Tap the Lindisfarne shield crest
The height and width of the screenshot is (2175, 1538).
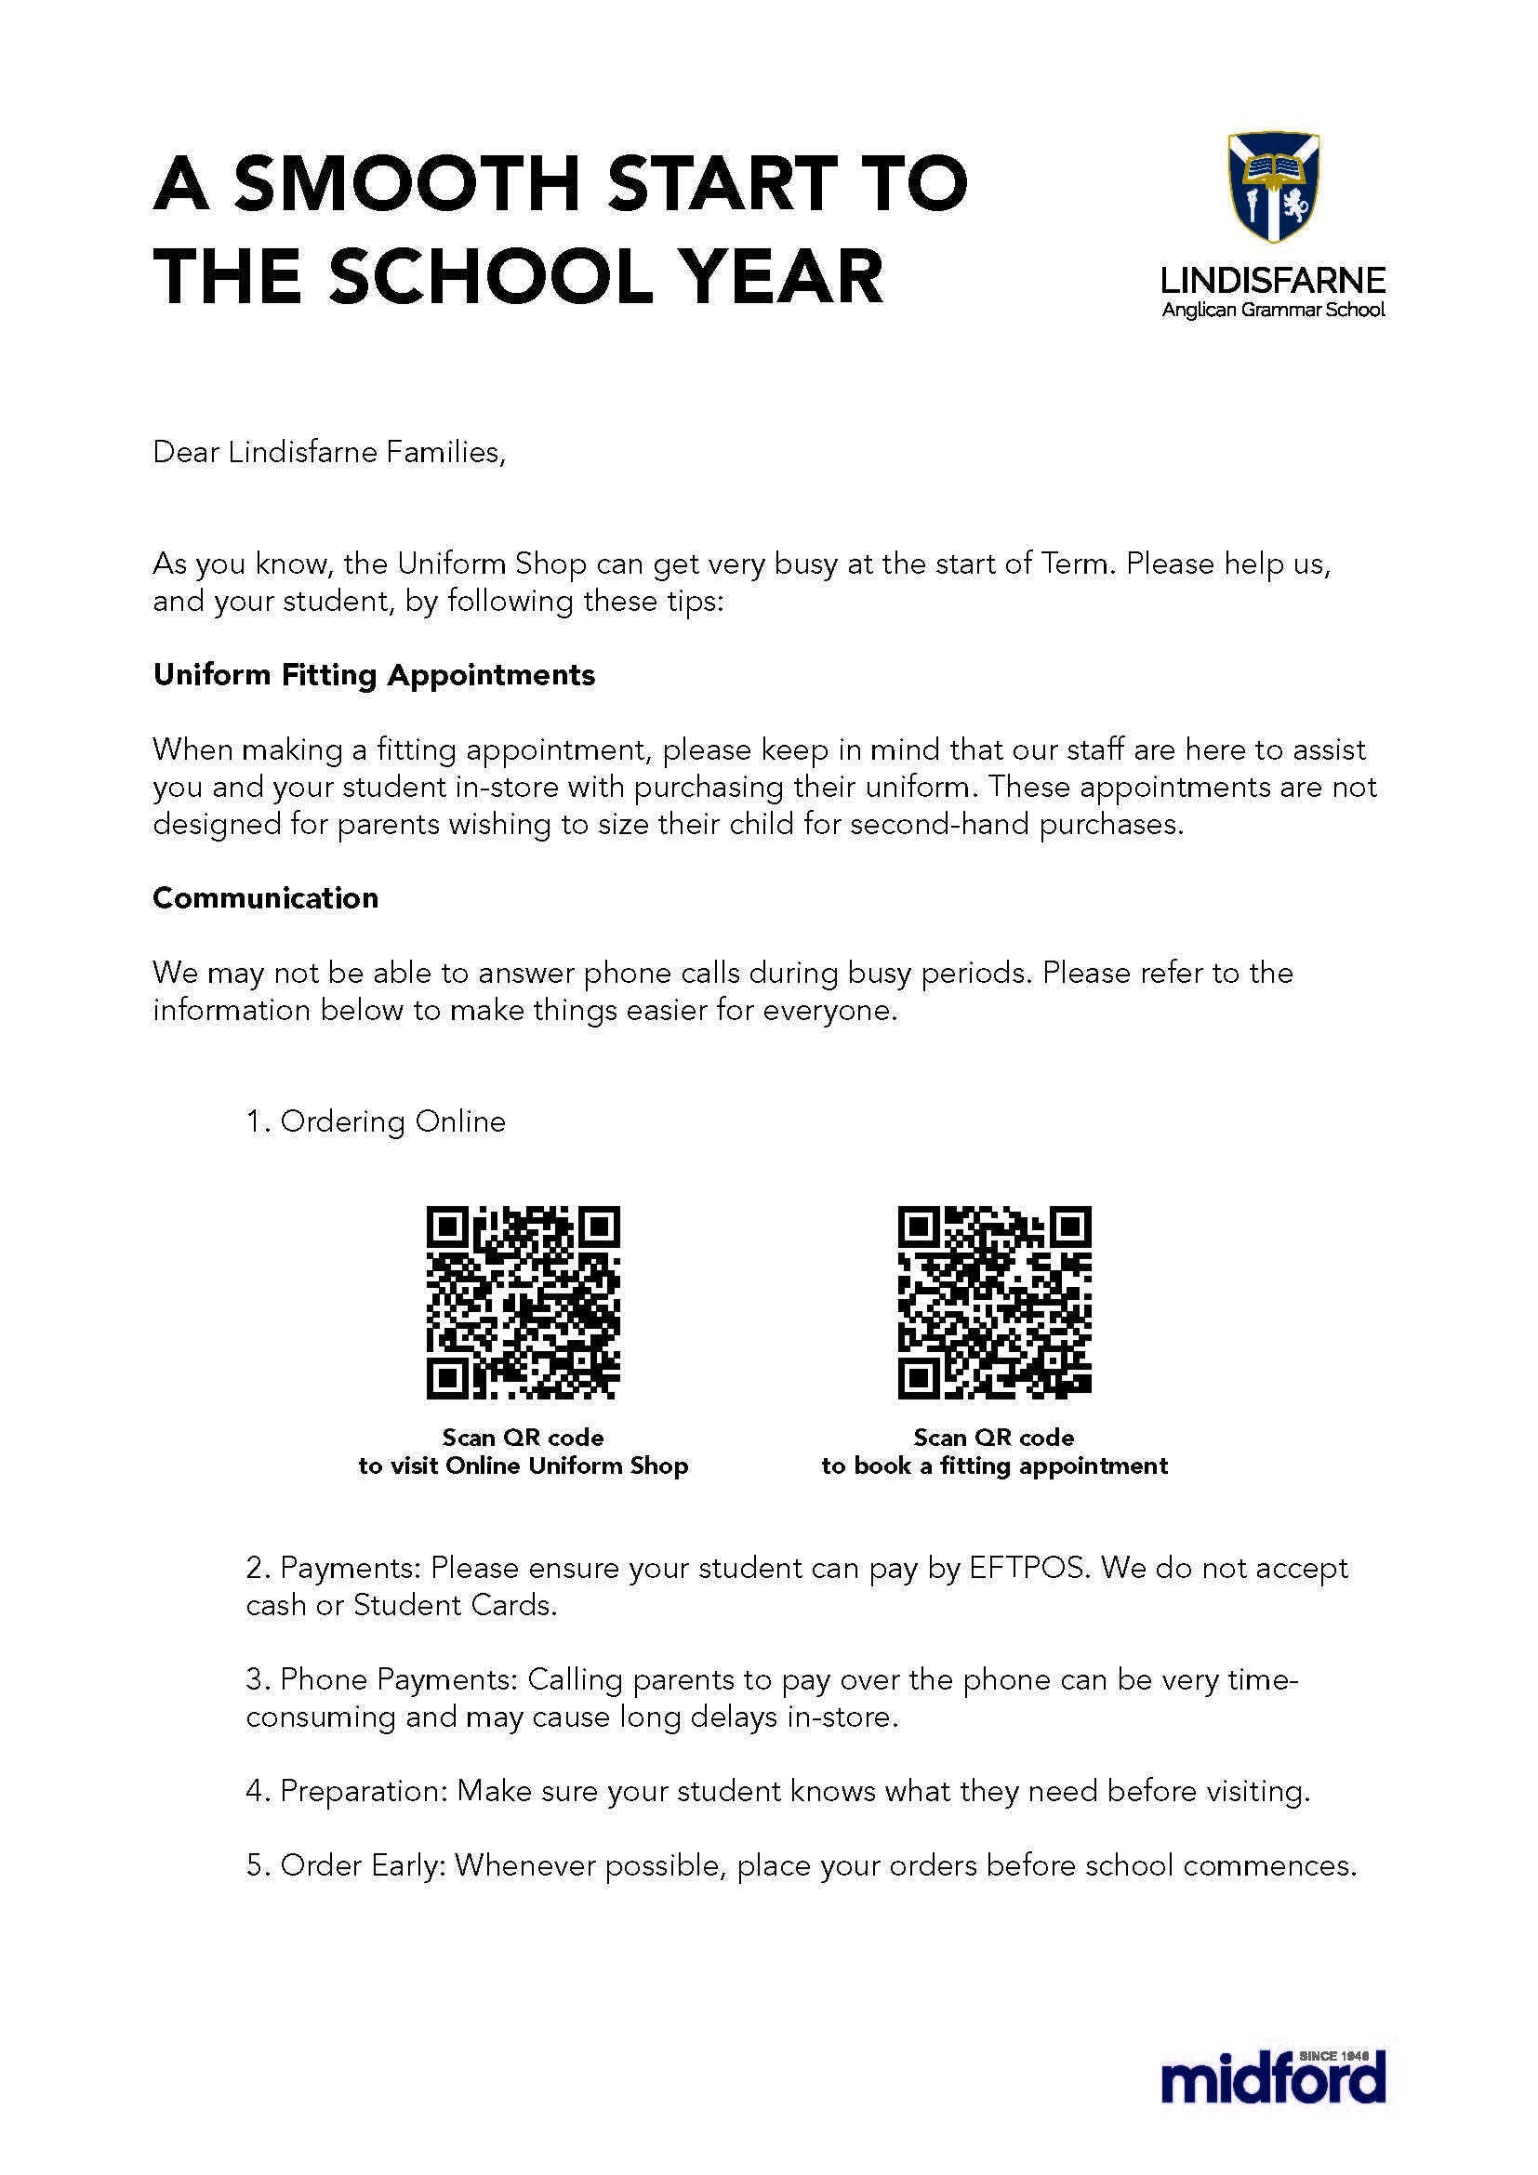1273,188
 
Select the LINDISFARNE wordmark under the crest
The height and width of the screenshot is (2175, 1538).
1273,280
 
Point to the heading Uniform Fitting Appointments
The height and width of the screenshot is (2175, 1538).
374,675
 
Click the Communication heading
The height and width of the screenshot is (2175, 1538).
265,898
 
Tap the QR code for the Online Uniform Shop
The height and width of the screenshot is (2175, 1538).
523,1303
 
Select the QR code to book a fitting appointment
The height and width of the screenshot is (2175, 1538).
994,1303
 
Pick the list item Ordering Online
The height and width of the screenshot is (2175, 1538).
376,1121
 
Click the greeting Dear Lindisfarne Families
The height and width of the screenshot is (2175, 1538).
328,452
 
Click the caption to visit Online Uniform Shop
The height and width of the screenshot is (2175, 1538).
523,1466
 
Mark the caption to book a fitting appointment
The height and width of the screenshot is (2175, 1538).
994,1466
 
